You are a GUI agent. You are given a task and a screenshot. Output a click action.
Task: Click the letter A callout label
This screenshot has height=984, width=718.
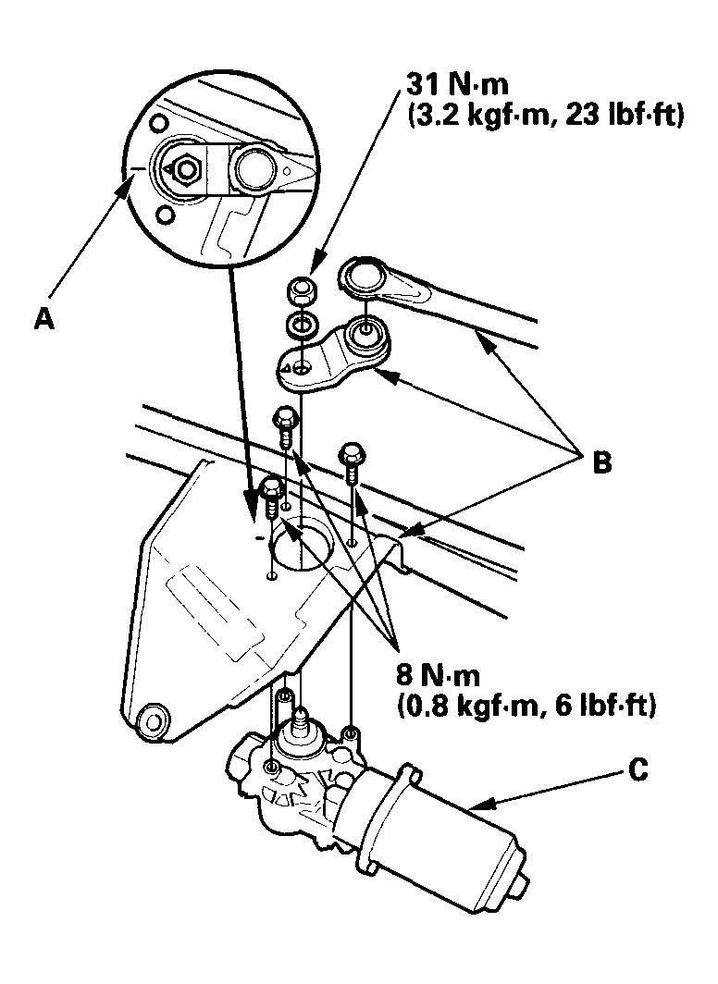[x=43, y=319]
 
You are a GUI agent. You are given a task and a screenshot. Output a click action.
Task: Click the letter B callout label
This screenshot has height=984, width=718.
[x=602, y=462]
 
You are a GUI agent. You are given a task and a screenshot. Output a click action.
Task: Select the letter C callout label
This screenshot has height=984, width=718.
[x=638, y=770]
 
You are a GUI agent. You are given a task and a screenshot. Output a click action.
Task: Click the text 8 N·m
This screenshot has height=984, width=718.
[x=438, y=675]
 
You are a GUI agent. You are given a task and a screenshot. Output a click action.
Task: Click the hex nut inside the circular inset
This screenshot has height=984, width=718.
[x=186, y=168]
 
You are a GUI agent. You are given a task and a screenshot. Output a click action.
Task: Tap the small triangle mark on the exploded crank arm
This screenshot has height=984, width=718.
[x=286, y=368]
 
